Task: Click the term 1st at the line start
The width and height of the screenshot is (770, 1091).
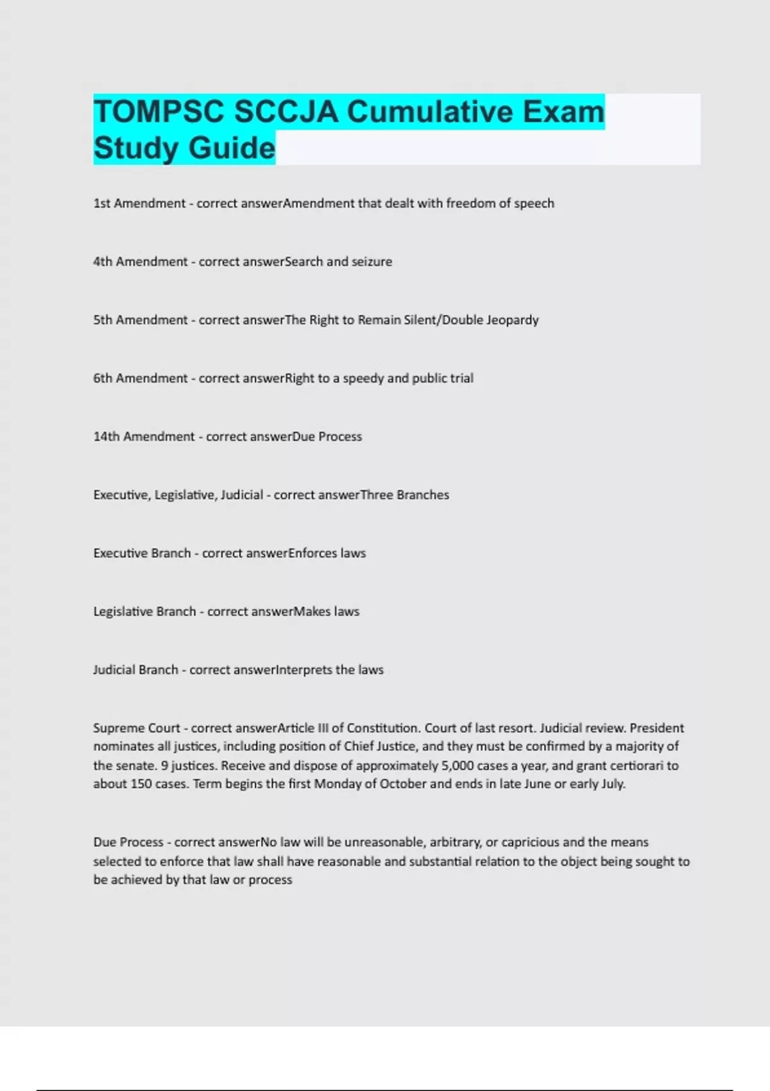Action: pos(101,203)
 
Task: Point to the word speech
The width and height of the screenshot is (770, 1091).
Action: pos(534,203)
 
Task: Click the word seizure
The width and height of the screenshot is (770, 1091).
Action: pos(372,262)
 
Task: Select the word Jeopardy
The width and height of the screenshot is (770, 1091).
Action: pos(512,320)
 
